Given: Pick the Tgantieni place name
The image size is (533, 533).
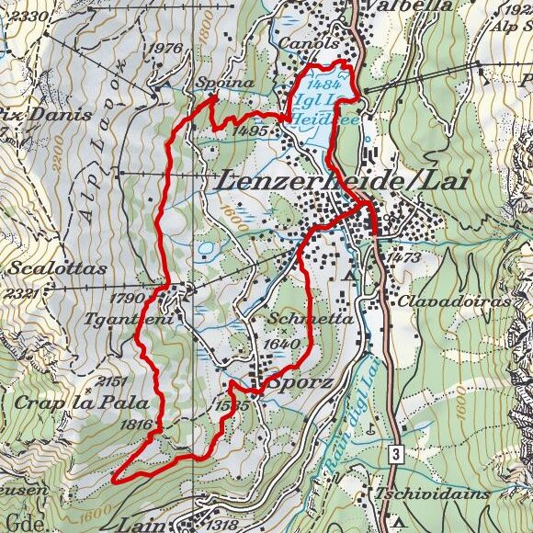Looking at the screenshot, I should coord(141,317).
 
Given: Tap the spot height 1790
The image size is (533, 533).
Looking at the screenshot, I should coord(129,298).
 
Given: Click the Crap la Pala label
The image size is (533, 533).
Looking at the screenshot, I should coord(58,403).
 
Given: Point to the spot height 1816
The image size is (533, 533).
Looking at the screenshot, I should coord(134,424).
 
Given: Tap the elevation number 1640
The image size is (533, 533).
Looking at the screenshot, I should coord(281,344).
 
